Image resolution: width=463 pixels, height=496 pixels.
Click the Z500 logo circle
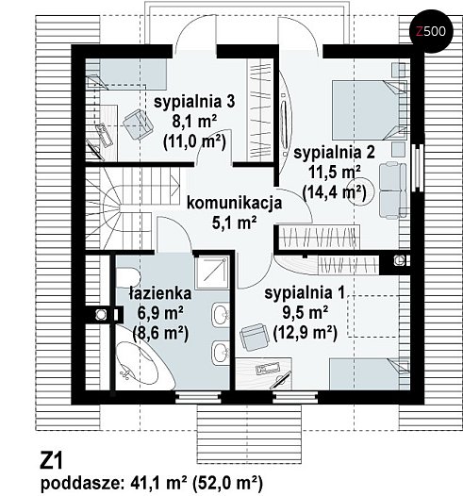click(431, 31)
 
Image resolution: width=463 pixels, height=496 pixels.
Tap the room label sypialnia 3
click(194, 102)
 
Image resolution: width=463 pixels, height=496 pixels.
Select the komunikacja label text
click(234, 203)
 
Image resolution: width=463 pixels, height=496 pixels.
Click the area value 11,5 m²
click(334, 172)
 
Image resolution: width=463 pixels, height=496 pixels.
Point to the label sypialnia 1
click(305, 293)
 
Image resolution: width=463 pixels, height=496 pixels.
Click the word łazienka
click(160, 293)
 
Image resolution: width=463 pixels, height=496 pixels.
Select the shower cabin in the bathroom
click(211, 273)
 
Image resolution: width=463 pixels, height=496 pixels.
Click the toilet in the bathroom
click(128, 277)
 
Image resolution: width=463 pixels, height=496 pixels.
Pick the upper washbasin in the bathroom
click(221, 315)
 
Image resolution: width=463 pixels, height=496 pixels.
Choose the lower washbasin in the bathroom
click(221, 353)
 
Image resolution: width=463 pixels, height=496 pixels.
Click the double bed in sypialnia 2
click(369, 109)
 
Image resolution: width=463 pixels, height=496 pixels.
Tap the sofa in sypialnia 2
click(392, 190)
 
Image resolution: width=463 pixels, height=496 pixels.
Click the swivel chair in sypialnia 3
click(138, 124)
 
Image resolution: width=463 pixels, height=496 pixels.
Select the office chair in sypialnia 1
click(255, 337)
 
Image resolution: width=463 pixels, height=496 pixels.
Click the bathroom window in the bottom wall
click(198, 397)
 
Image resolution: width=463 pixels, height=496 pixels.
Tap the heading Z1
click(51, 461)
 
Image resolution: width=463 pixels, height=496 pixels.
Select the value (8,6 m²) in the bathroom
click(160, 333)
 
